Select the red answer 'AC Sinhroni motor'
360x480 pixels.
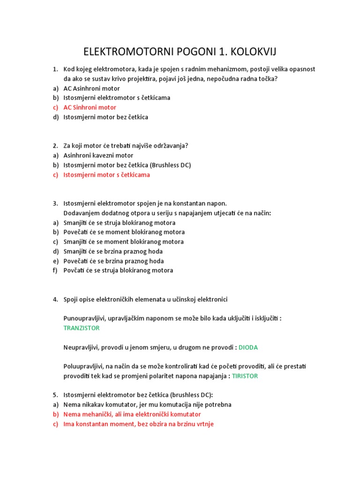tap(90, 107)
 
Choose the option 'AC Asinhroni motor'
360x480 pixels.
tap(92, 88)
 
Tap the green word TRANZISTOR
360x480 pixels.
tap(82, 328)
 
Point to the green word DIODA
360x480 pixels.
tap(248, 347)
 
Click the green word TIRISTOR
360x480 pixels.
tap(245, 376)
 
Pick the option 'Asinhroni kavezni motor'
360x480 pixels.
tap(98, 155)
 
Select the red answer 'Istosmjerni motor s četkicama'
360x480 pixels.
tap(107, 175)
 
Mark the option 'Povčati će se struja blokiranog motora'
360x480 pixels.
tap(118, 270)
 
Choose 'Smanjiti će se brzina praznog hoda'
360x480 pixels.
tap(113, 251)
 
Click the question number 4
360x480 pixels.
tap(55, 299)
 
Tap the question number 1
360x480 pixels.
tap(55, 69)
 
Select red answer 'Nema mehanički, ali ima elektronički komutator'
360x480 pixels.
tap(132, 414)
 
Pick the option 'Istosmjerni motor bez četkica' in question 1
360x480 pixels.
tap(106, 117)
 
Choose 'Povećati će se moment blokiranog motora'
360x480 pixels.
tap(124, 232)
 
